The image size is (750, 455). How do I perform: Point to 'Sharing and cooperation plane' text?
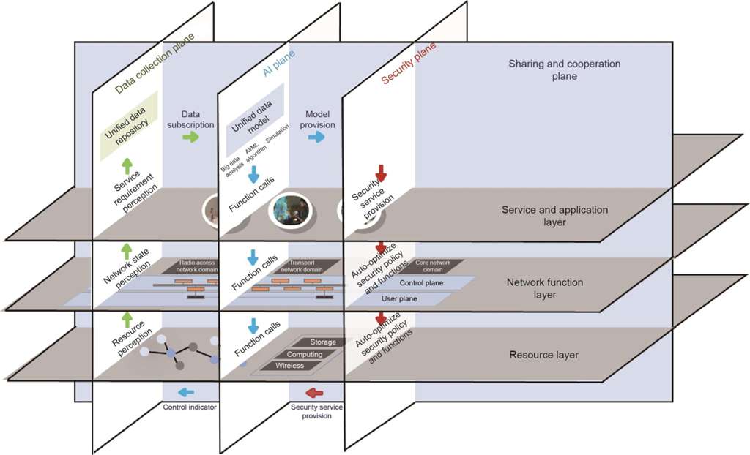(x=564, y=69)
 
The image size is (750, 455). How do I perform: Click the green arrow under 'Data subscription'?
(x=190, y=138)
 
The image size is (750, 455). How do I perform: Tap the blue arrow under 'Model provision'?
(x=316, y=138)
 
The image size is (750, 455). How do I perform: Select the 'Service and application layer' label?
(x=555, y=216)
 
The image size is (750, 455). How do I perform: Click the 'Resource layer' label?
(x=543, y=355)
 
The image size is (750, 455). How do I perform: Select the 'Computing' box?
(x=305, y=354)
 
